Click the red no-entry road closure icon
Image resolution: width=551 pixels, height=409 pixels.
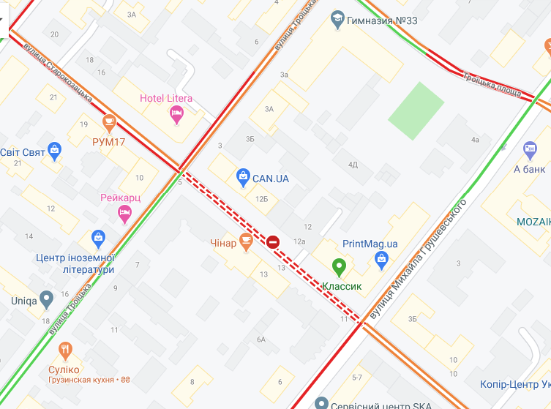pyautogui.click(x=273, y=241)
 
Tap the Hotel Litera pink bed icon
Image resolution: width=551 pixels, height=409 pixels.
pyautogui.click(x=176, y=113)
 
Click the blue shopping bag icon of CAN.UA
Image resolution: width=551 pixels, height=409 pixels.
pyautogui.click(x=243, y=176)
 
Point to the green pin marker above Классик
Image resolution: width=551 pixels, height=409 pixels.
pyautogui.click(x=339, y=267)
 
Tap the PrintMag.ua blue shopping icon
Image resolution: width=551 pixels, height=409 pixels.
pyautogui.click(x=381, y=258)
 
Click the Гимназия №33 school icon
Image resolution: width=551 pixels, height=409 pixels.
pyautogui.click(x=337, y=18)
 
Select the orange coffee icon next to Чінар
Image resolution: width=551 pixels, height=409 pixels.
pyautogui.click(x=246, y=239)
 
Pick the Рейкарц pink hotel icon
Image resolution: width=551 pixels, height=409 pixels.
pyautogui.click(x=124, y=212)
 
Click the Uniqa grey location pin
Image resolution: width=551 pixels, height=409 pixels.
pyautogui.click(x=47, y=299)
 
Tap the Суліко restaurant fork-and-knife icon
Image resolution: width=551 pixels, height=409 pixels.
pyautogui.click(x=67, y=350)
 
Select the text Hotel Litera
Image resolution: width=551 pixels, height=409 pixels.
pyautogui.click(x=166, y=99)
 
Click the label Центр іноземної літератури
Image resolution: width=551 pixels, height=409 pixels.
pyautogui.click(x=75, y=263)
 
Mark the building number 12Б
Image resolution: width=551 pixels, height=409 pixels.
pyautogui.click(x=262, y=199)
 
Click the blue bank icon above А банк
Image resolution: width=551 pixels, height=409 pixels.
pyautogui.click(x=531, y=151)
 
